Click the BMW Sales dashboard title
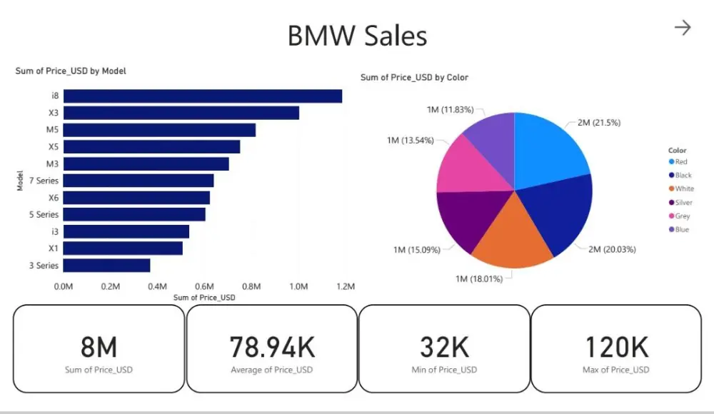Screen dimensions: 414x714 [x=357, y=36]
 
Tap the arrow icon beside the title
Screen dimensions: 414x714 [x=683, y=28]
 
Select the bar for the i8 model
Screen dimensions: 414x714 [x=203, y=96]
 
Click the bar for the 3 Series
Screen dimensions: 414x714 [x=107, y=266]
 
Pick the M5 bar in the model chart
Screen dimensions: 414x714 [x=159, y=130]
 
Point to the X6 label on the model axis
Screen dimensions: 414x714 [x=54, y=198]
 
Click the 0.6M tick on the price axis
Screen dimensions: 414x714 [x=204, y=286]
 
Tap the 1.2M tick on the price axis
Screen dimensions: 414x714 [x=345, y=286]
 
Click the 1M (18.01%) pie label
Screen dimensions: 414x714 [x=473, y=278]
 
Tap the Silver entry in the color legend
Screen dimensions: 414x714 [x=683, y=203]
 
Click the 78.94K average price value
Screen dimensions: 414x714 [x=272, y=348]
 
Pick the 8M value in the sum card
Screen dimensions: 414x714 [x=99, y=348]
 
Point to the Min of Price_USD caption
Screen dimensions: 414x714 [x=444, y=370]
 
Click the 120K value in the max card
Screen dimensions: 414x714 [x=616, y=348]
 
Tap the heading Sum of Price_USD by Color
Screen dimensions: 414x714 [x=414, y=77]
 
